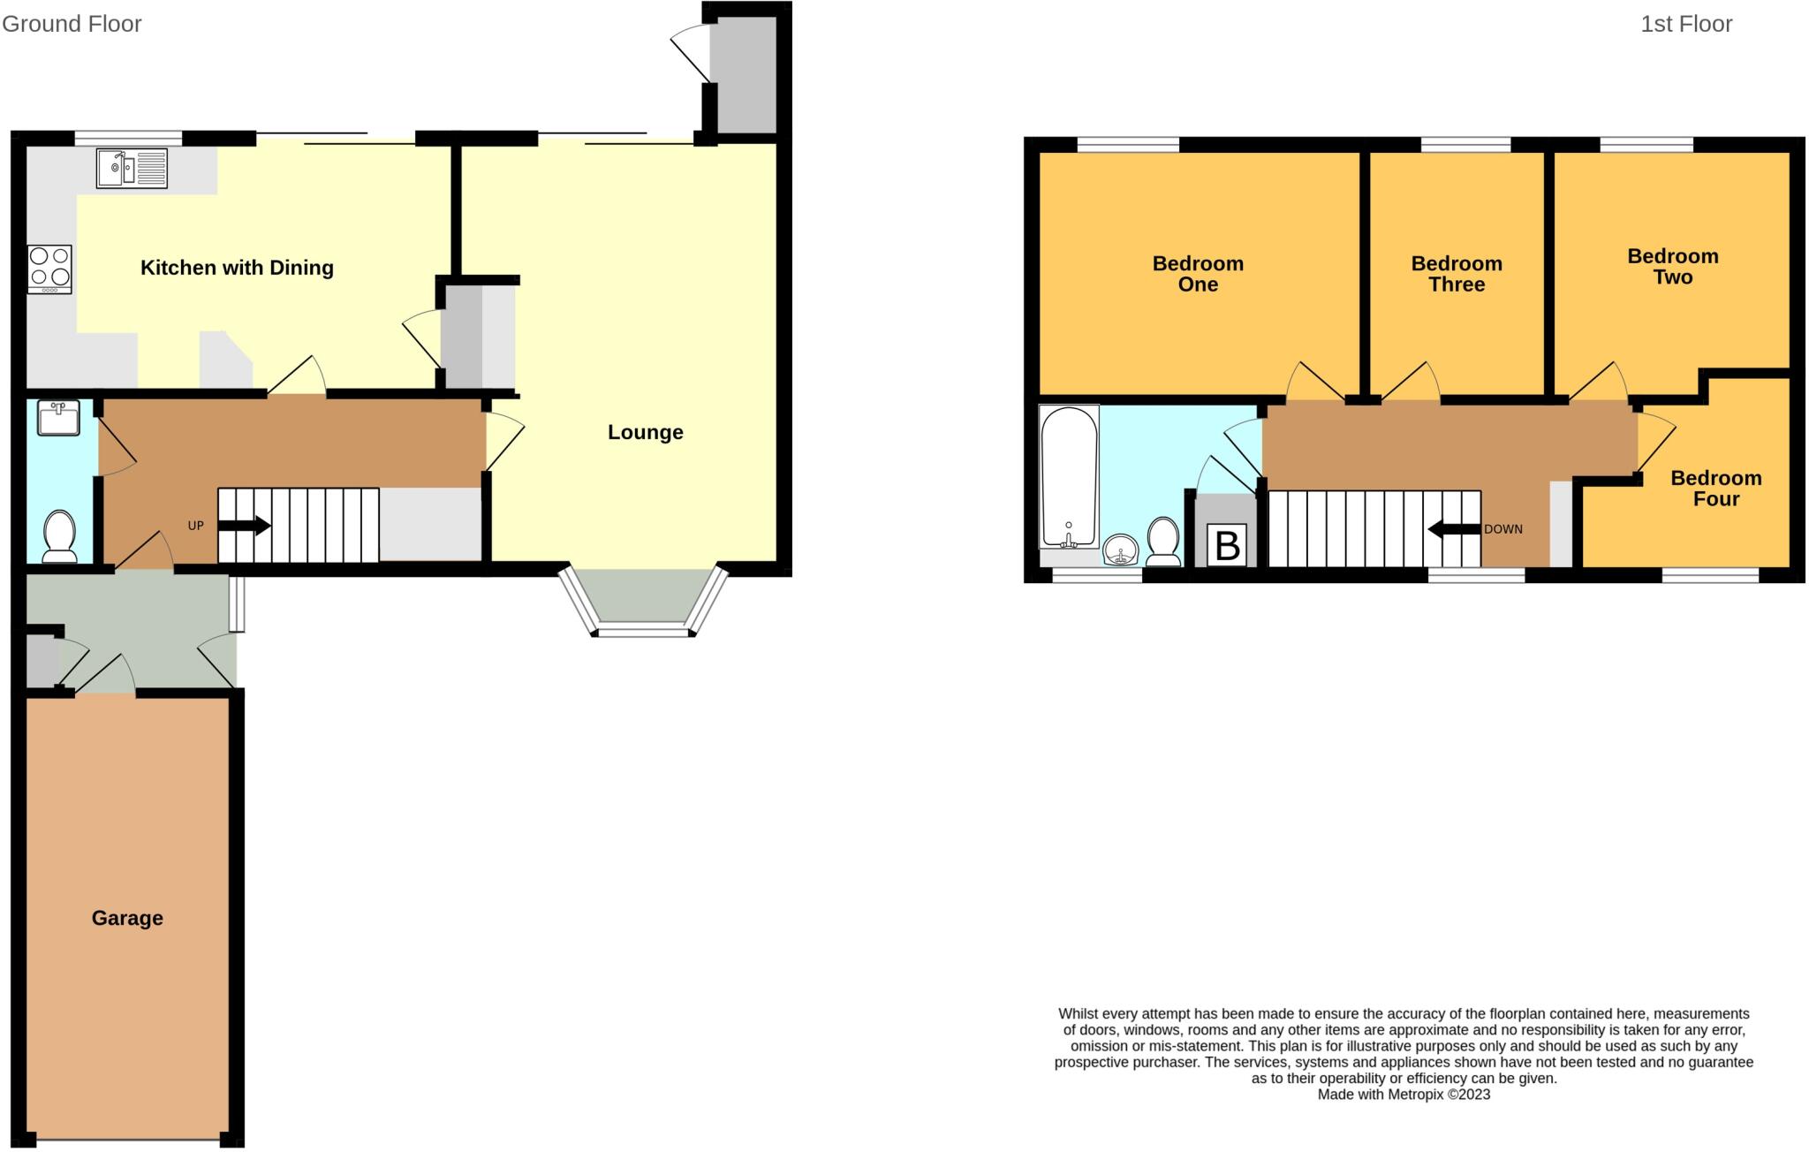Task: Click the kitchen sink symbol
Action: (x=132, y=168)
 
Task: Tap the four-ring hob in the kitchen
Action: (x=49, y=269)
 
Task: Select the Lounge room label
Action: (x=645, y=432)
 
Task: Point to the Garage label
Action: (x=127, y=918)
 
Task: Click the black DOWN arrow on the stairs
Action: (x=1454, y=529)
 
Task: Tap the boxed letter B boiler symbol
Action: (x=1227, y=545)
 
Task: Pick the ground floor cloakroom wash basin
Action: (x=59, y=418)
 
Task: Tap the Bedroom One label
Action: (x=1198, y=274)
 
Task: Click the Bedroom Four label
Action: (x=1715, y=489)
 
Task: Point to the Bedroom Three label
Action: (x=1456, y=274)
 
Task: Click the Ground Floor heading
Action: (x=72, y=24)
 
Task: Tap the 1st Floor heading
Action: (x=1685, y=24)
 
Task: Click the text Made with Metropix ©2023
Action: (x=1404, y=1095)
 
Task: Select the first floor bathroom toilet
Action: (x=1163, y=542)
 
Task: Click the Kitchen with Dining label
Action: (x=237, y=268)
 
